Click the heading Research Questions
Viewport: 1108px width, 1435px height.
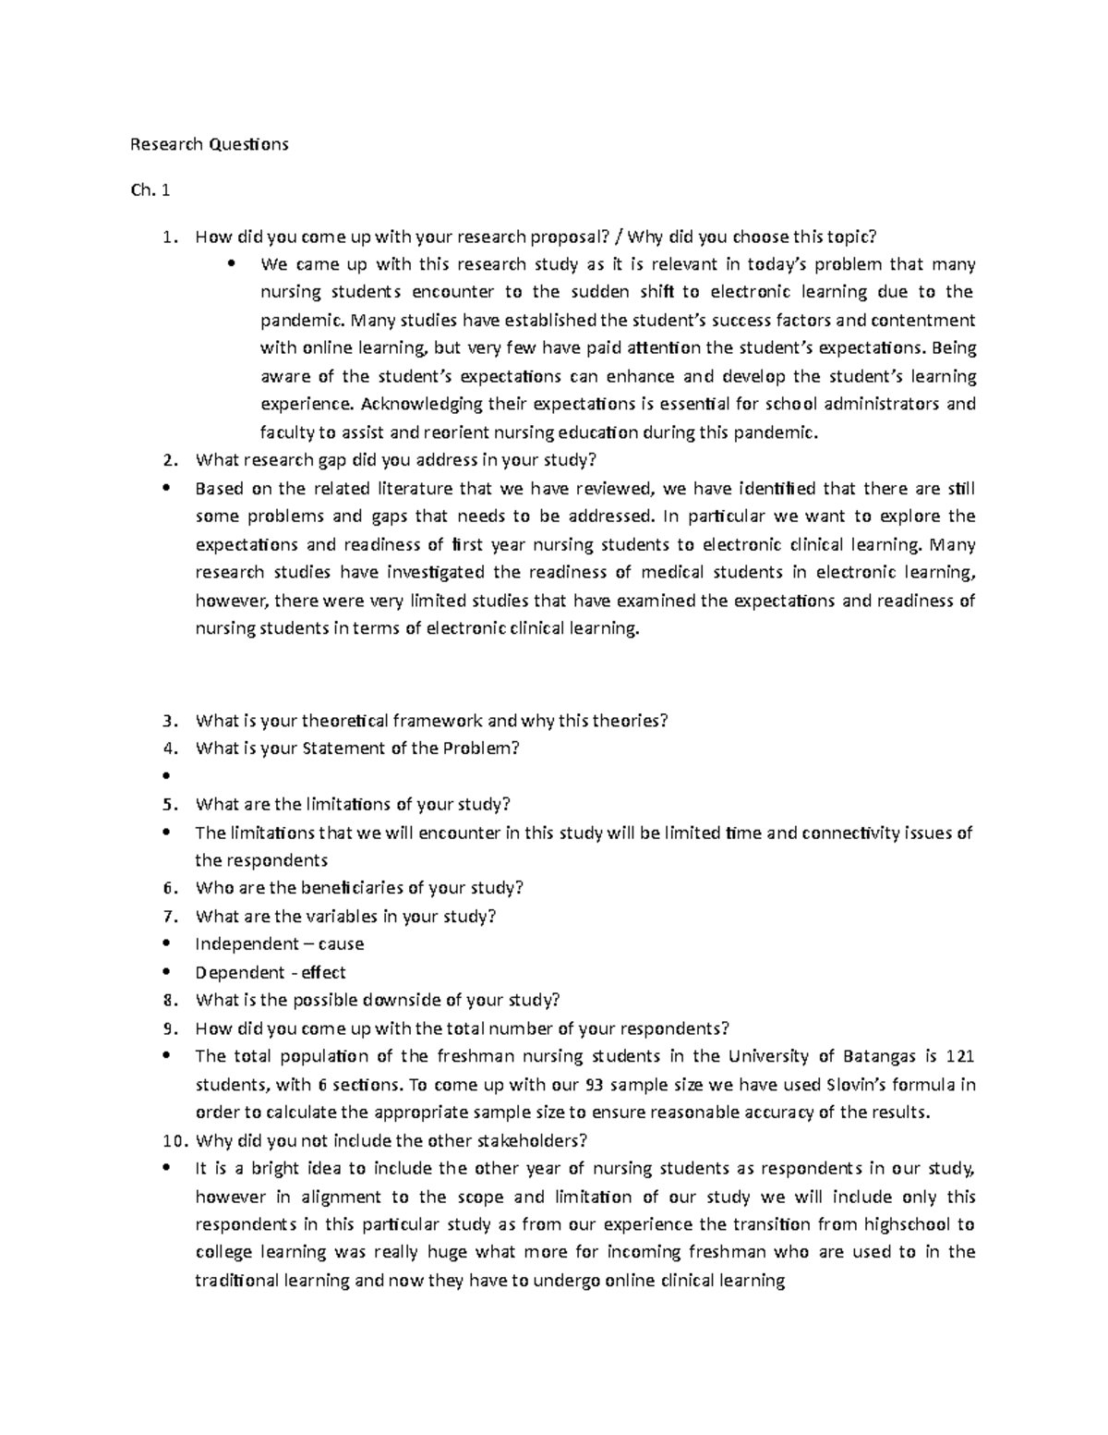click(209, 144)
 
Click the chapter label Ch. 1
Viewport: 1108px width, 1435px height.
click(151, 191)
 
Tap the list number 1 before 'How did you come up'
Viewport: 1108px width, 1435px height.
click(167, 237)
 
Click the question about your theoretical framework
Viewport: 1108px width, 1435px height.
click(430, 721)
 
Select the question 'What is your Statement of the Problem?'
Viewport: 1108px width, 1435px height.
click(357, 748)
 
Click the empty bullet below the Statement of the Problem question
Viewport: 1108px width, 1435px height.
click(166, 776)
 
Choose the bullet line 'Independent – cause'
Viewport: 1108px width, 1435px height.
click(279, 944)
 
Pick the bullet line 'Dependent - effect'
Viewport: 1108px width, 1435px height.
click(270, 972)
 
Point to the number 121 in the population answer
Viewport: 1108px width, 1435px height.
click(960, 1056)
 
